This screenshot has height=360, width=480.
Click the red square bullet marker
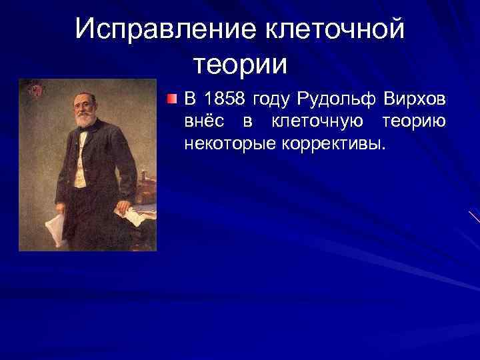173,100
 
